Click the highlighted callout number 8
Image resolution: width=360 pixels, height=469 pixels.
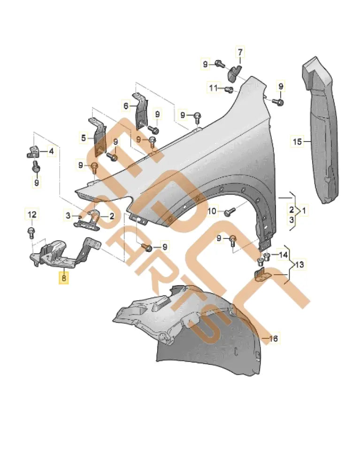pyautogui.click(x=63, y=279)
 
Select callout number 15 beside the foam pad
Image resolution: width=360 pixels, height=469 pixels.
pyautogui.click(x=297, y=141)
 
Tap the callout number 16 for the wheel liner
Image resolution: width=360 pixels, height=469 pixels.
pyautogui.click(x=273, y=338)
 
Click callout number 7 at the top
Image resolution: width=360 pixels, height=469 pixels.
pyautogui.click(x=239, y=52)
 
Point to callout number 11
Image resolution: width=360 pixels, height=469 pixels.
pyautogui.click(x=214, y=88)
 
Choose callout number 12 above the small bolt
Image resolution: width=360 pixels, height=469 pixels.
pyautogui.click(x=31, y=215)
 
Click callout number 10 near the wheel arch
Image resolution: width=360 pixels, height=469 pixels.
pyautogui.click(x=212, y=212)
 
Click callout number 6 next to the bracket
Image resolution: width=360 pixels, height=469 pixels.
pyautogui.click(x=126, y=106)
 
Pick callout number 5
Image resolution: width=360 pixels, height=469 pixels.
pyautogui.click(x=84, y=138)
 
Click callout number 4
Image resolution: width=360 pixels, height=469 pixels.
pyautogui.click(x=51, y=151)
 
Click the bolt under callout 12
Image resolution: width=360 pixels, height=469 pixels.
pyautogui.click(x=31, y=231)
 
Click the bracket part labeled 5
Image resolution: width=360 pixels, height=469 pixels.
pyautogui.click(x=100, y=138)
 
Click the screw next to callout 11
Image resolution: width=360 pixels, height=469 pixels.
pyautogui.click(x=230, y=89)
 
